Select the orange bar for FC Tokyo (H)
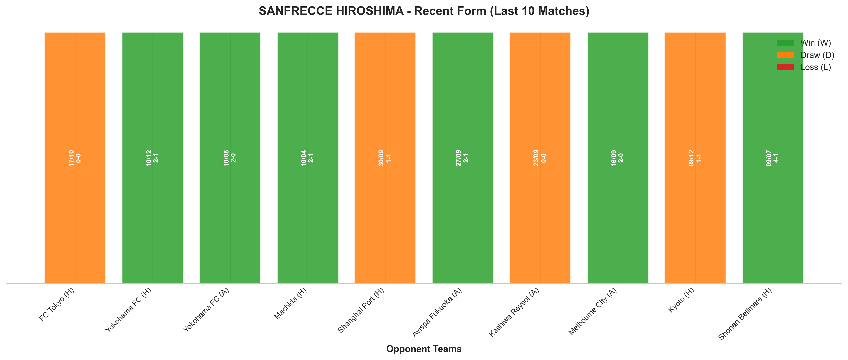tap(75, 157)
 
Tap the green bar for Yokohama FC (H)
tap(152, 157)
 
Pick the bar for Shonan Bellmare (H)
tap(773, 157)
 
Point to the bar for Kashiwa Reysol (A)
tap(540, 157)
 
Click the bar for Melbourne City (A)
tap(618, 157)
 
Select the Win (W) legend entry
tap(803, 43)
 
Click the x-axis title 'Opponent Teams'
tap(424, 349)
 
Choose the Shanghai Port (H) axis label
tap(361, 310)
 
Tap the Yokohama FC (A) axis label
tap(206, 310)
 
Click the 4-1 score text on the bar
tap(776, 158)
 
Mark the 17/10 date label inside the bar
tap(71, 158)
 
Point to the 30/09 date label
tap(381, 158)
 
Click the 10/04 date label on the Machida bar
tap(304, 158)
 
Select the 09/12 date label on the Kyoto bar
tap(691, 158)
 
